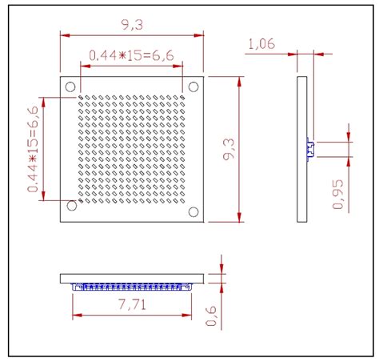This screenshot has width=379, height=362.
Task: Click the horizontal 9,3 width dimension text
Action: coord(133,26)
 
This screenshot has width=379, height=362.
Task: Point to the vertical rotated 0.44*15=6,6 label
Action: coord(34,149)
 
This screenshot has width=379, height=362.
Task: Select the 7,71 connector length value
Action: coord(132,304)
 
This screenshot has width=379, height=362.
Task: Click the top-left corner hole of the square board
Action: coord(70,86)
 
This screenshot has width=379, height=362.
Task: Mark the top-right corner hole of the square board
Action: coord(193,86)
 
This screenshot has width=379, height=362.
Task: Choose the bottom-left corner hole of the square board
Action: coord(71,207)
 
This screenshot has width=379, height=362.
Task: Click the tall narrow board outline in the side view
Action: coord(301,149)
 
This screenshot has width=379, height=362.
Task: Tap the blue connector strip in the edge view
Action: coord(132,286)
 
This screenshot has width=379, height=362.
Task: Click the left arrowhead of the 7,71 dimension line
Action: coord(75,293)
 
